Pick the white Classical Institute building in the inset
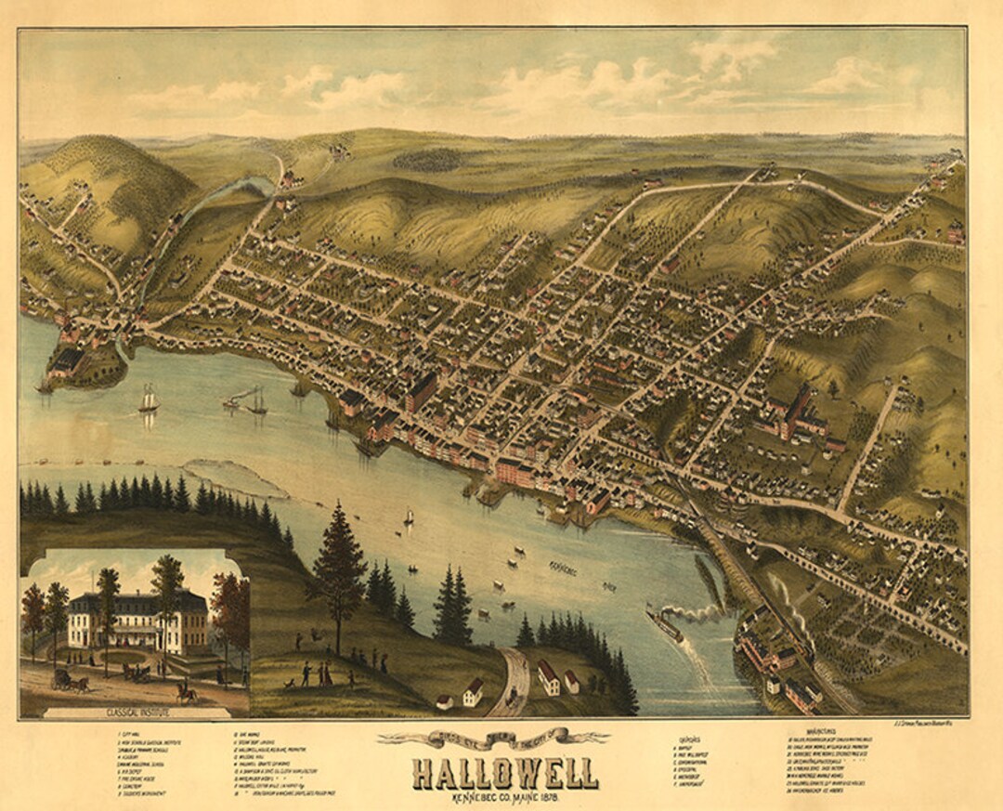coord(137,621)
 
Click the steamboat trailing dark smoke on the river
coord(665,627)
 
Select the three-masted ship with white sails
coord(148,400)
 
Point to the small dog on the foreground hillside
coord(290,685)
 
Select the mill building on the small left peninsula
coord(67,360)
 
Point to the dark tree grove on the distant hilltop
coord(426,160)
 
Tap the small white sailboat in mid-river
coord(408,516)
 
